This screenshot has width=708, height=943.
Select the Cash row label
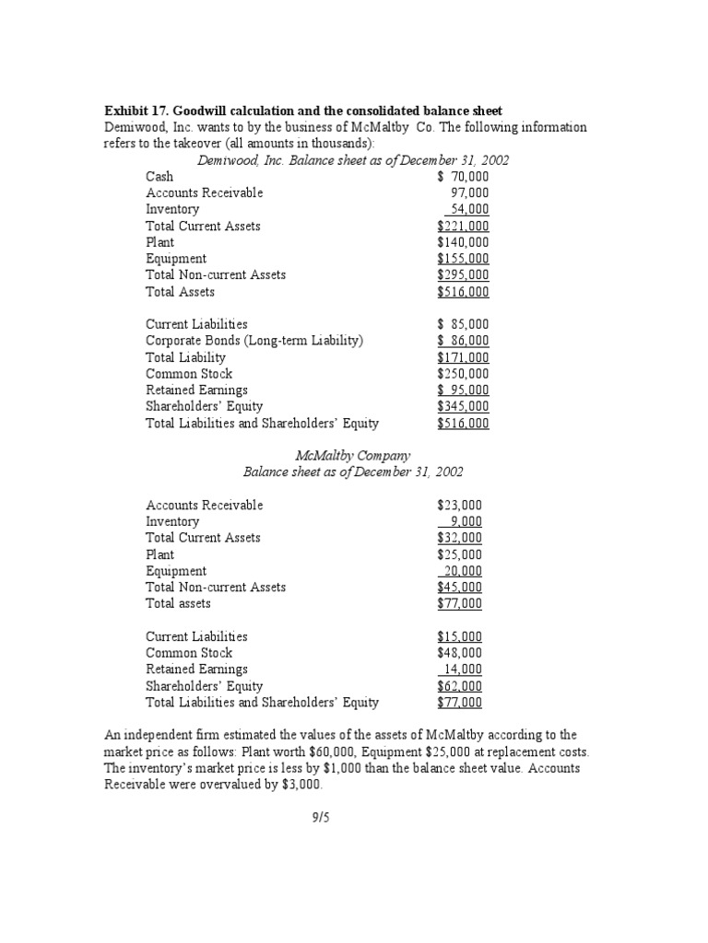(159, 176)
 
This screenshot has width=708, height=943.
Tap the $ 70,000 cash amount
(463, 176)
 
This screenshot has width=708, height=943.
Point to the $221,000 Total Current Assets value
(463, 226)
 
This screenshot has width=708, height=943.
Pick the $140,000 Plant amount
(463, 242)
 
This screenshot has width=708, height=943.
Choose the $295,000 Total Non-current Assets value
(463, 275)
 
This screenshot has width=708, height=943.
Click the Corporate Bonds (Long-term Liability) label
(254, 341)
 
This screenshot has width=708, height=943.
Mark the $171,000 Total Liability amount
(463, 357)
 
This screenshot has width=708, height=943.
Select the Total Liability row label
(185, 357)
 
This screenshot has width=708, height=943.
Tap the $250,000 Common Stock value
(463, 374)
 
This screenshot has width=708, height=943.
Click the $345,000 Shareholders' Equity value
(463, 407)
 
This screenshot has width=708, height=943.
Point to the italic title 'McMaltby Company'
(353, 456)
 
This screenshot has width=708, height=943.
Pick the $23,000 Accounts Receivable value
(459, 505)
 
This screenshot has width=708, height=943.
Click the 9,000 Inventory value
(466, 521)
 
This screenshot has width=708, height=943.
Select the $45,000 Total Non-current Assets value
(459, 588)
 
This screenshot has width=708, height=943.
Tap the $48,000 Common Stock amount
(459, 653)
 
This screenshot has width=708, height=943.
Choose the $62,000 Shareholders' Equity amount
(459, 686)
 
